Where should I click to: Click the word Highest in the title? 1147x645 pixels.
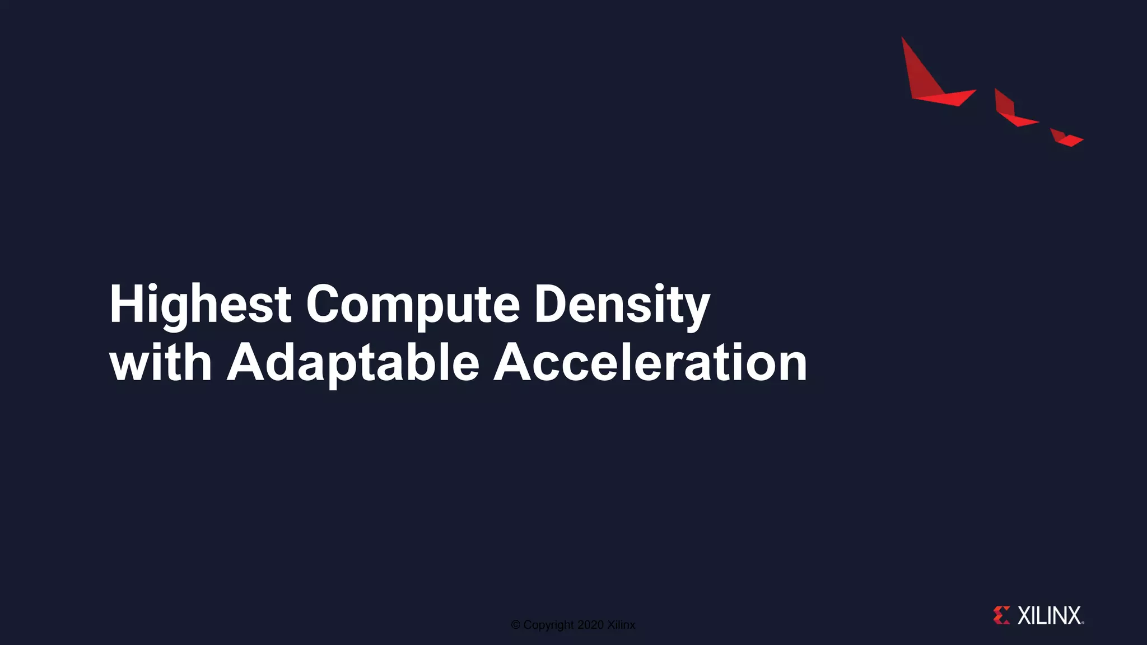coord(200,305)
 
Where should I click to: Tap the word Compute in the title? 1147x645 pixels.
coord(413,305)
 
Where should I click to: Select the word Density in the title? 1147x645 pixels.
coord(622,305)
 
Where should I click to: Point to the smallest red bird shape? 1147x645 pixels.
coord(1065,138)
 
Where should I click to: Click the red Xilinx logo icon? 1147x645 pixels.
coord(1001,615)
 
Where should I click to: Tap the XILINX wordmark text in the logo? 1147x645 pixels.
coord(1050,615)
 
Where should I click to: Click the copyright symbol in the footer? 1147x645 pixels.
coord(516,625)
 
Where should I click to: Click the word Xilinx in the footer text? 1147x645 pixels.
coord(621,625)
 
